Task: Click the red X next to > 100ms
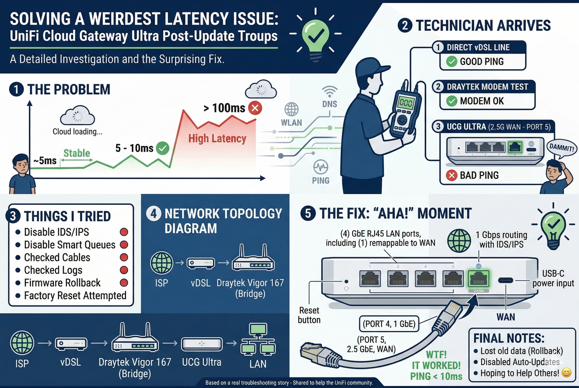pyautogui.click(x=255, y=108)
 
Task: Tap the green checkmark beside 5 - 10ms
pyautogui.click(x=162, y=148)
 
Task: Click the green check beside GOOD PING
pyautogui.click(x=451, y=61)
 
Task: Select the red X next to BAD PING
pyautogui.click(x=451, y=175)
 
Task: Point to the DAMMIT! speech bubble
pyautogui.click(x=561, y=148)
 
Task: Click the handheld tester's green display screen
pyautogui.click(x=405, y=103)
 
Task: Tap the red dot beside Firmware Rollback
pyautogui.click(x=124, y=283)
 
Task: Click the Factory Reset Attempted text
pyautogui.click(x=75, y=296)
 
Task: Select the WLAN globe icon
pyautogui.click(x=291, y=109)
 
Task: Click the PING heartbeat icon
pyautogui.click(x=321, y=167)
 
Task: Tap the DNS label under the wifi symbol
pyautogui.click(x=329, y=104)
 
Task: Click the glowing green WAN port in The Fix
pyautogui.click(x=478, y=279)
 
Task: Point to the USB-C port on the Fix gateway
pyautogui.click(x=506, y=280)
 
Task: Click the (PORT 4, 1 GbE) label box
pyautogui.click(x=389, y=324)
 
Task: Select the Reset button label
pyautogui.click(x=309, y=315)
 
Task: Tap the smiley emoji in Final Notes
pyautogui.click(x=567, y=373)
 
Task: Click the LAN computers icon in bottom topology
pyautogui.click(x=258, y=339)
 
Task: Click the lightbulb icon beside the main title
pyautogui.click(x=316, y=36)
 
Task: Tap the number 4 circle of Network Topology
pyautogui.click(x=153, y=213)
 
